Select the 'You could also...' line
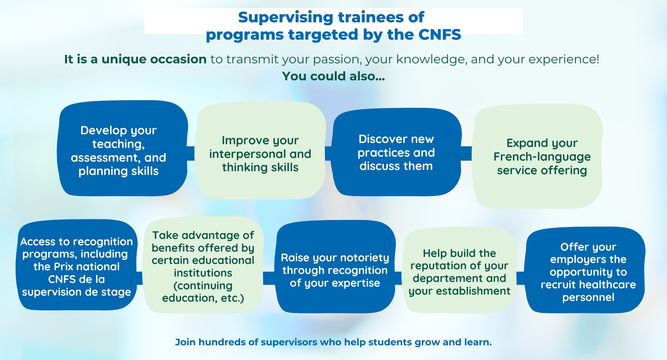(x=333, y=76)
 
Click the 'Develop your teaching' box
(x=122, y=148)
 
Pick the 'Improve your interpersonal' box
(x=260, y=151)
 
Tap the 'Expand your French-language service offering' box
(x=538, y=156)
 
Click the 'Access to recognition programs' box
(x=77, y=265)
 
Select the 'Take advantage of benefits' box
(x=203, y=265)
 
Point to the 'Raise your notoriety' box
(x=335, y=267)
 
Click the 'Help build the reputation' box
(x=460, y=270)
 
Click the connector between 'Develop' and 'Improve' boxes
(x=191, y=153)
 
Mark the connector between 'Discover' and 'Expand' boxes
(x=466, y=153)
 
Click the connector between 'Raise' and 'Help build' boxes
(x=399, y=278)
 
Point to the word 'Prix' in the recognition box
(x=63, y=267)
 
